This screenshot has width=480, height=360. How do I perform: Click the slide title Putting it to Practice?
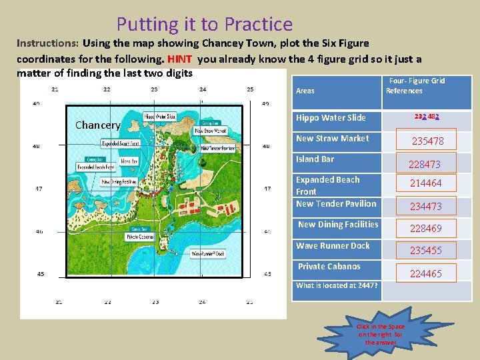coord(204,25)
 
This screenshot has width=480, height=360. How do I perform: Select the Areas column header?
coord(305,90)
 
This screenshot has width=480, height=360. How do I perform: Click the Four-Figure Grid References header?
coord(415,85)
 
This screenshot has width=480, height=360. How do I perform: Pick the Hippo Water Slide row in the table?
coord(331,118)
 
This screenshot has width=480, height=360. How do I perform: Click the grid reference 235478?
coord(427,141)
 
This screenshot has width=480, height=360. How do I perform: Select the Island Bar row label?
coord(315,159)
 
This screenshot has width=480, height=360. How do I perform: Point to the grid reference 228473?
coord(425,164)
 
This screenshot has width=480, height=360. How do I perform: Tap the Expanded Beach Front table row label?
coord(327,185)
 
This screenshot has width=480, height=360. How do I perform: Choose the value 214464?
coord(425,183)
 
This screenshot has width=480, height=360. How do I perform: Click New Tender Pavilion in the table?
coord(336,204)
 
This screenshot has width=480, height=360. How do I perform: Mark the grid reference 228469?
coord(425,229)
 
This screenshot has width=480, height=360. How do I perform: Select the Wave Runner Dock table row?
coord(333,246)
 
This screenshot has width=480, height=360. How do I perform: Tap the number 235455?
coord(425,251)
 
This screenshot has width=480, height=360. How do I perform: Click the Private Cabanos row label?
coord(329,267)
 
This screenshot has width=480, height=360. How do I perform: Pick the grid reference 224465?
coord(425,274)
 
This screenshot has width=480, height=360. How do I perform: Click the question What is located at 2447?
coord(337,285)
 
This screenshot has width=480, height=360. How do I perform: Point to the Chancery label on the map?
coord(97,125)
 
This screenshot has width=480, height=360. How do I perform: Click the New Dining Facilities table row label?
coord(338,225)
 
